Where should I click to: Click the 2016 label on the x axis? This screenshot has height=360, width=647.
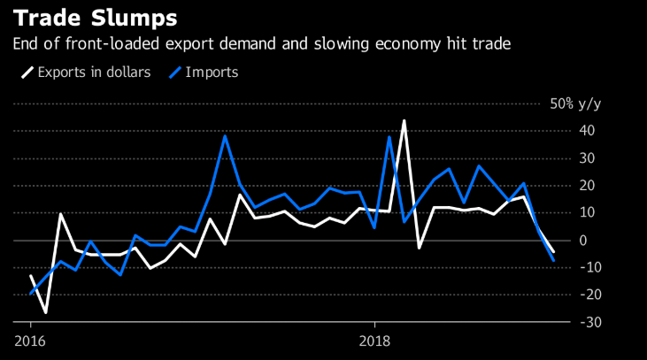coord(29,341)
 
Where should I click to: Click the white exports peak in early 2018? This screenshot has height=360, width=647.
coord(404,120)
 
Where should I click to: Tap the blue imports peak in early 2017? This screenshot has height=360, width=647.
coord(225,135)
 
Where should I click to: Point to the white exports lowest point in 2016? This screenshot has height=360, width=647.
coord(45,312)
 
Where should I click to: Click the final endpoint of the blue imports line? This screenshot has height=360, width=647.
coord(554,260)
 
